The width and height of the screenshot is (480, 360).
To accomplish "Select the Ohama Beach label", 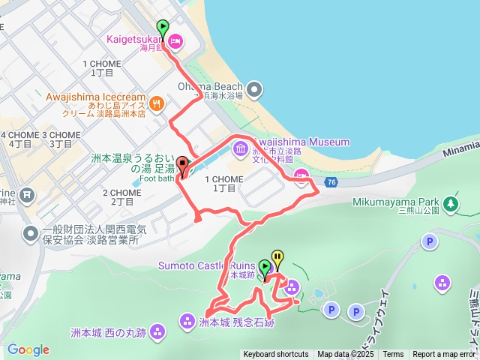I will click(210, 86).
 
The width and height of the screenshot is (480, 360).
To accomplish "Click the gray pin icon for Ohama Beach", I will click(255, 91).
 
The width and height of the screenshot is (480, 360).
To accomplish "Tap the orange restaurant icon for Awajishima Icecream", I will click(157, 103).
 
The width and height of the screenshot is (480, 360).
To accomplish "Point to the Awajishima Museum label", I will click(301, 142).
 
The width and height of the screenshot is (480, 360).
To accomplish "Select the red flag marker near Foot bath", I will click(182, 166).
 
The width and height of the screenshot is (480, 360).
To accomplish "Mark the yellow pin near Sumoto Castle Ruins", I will click(277, 259).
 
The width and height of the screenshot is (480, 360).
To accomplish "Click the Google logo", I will click(28, 349).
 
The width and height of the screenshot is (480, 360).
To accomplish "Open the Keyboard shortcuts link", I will click(275, 355).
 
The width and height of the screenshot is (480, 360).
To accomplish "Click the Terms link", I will click(393, 355).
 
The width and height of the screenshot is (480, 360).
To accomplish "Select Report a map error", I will click(445, 355).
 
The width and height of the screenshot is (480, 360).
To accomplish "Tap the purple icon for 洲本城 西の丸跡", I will click(157, 331).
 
